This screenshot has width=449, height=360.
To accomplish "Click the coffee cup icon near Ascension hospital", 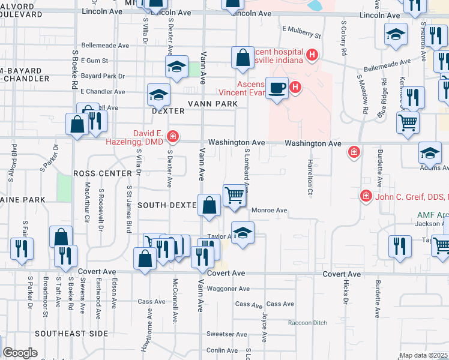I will coord(277,88).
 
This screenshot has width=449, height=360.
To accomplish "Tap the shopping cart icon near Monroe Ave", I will coord(235,194).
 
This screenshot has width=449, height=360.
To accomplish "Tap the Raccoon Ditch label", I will coord(307,323).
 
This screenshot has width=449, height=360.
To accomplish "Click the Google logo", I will coord(19,353).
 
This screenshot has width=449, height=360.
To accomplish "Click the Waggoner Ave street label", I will coord(228,289).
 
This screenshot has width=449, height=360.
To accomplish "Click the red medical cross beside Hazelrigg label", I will coord(173,137).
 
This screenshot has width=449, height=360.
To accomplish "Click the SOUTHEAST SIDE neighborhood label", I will coord(71,333).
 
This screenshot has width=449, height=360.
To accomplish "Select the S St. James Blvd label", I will coord(128,208).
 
